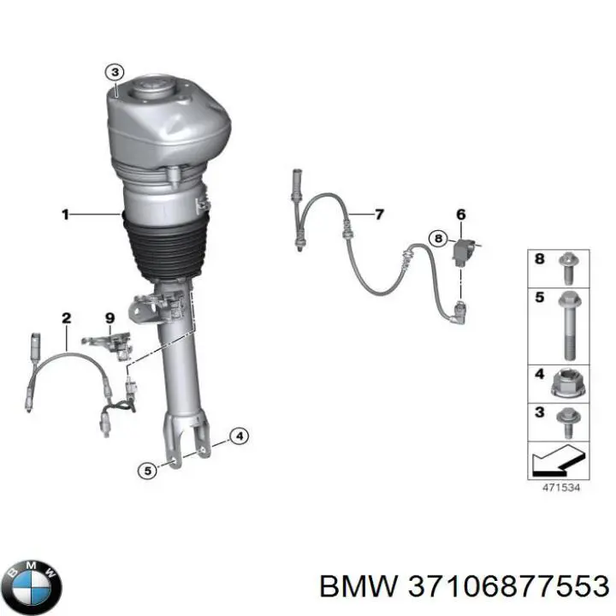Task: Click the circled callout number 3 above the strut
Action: click(x=115, y=72)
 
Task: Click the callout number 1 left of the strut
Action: click(x=65, y=215)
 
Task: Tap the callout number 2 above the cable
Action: click(x=67, y=317)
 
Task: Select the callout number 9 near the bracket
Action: click(x=110, y=317)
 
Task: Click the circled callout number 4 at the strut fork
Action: click(x=239, y=435)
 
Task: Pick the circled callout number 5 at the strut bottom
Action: click(x=148, y=471)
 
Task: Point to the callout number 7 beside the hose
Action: click(x=379, y=215)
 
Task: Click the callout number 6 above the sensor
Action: click(x=461, y=215)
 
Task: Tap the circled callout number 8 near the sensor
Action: click(x=438, y=238)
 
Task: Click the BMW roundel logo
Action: click(x=34, y=588)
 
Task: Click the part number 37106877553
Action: click(x=508, y=588)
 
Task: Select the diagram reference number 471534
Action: click(x=561, y=488)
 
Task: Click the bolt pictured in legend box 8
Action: click(x=566, y=269)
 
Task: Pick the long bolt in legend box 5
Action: click(x=568, y=326)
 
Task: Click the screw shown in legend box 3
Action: click(x=566, y=423)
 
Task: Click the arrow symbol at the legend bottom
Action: click(x=558, y=460)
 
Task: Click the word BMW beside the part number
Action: click(x=358, y=588)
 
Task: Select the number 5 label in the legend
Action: click(x=539, y=297)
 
